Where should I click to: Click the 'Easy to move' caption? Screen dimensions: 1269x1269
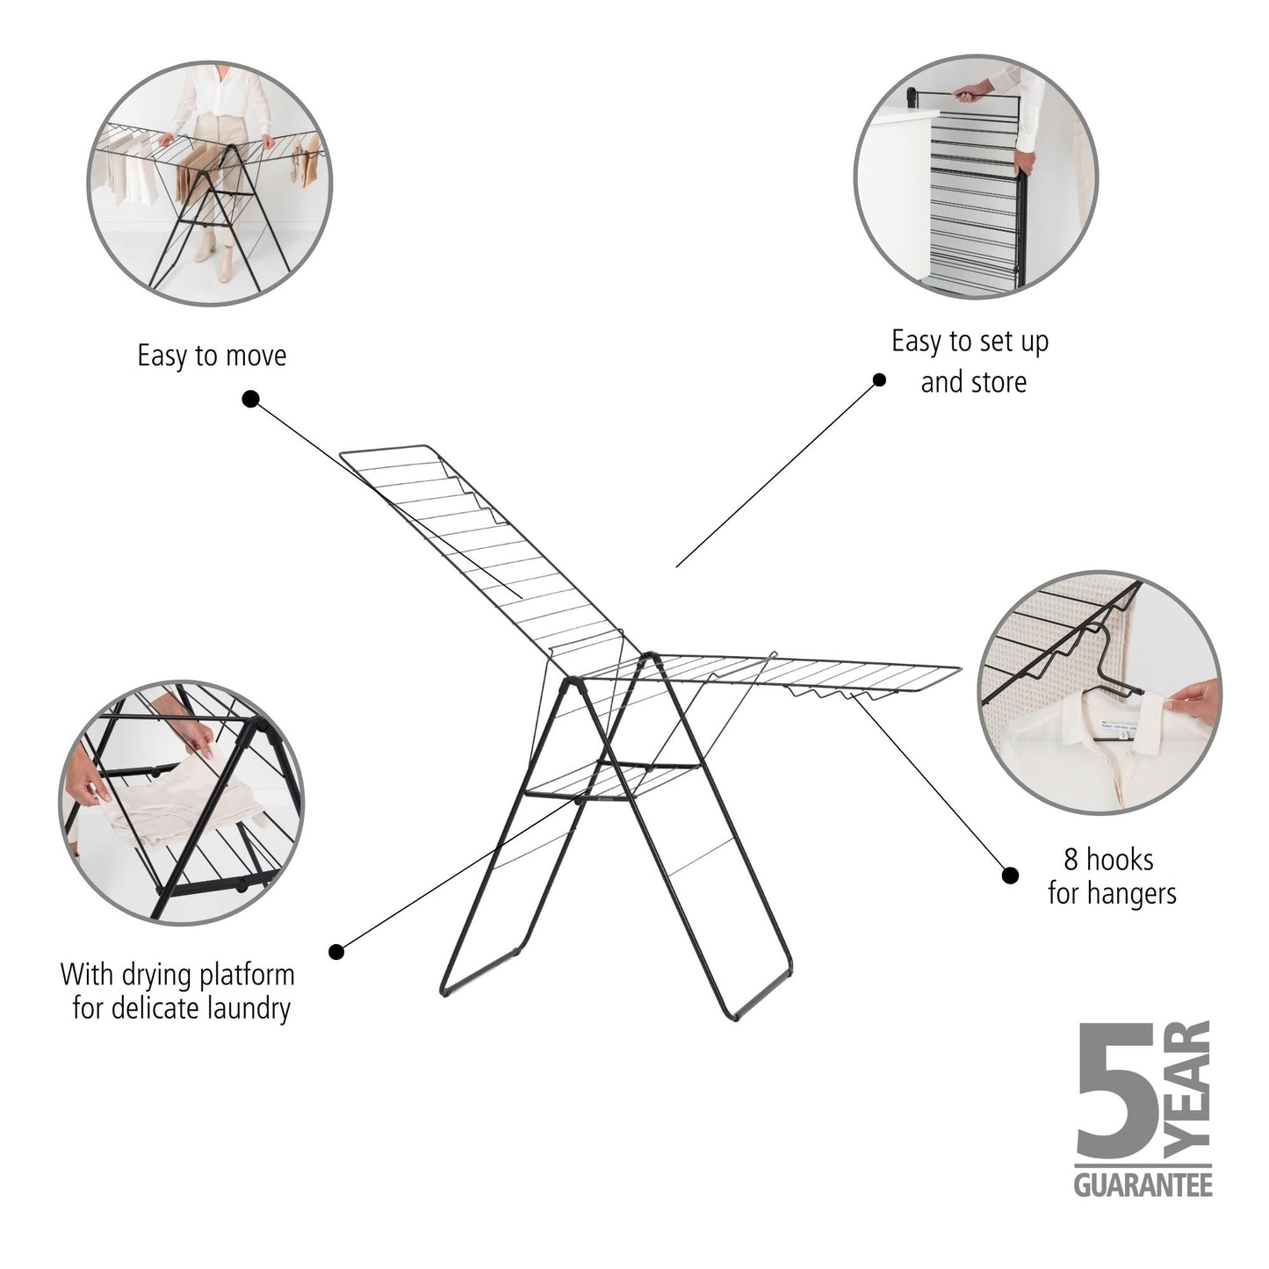coord(212,356)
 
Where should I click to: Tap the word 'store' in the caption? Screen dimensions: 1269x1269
coord(998,383)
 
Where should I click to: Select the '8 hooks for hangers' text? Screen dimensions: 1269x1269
coord(1111,876)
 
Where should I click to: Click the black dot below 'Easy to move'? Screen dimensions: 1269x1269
coord(250,400)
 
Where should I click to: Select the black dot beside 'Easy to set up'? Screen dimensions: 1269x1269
coord(878,379)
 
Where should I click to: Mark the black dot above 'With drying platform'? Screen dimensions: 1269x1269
coord(336,951)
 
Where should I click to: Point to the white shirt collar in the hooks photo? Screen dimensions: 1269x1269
coord(1115,729)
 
